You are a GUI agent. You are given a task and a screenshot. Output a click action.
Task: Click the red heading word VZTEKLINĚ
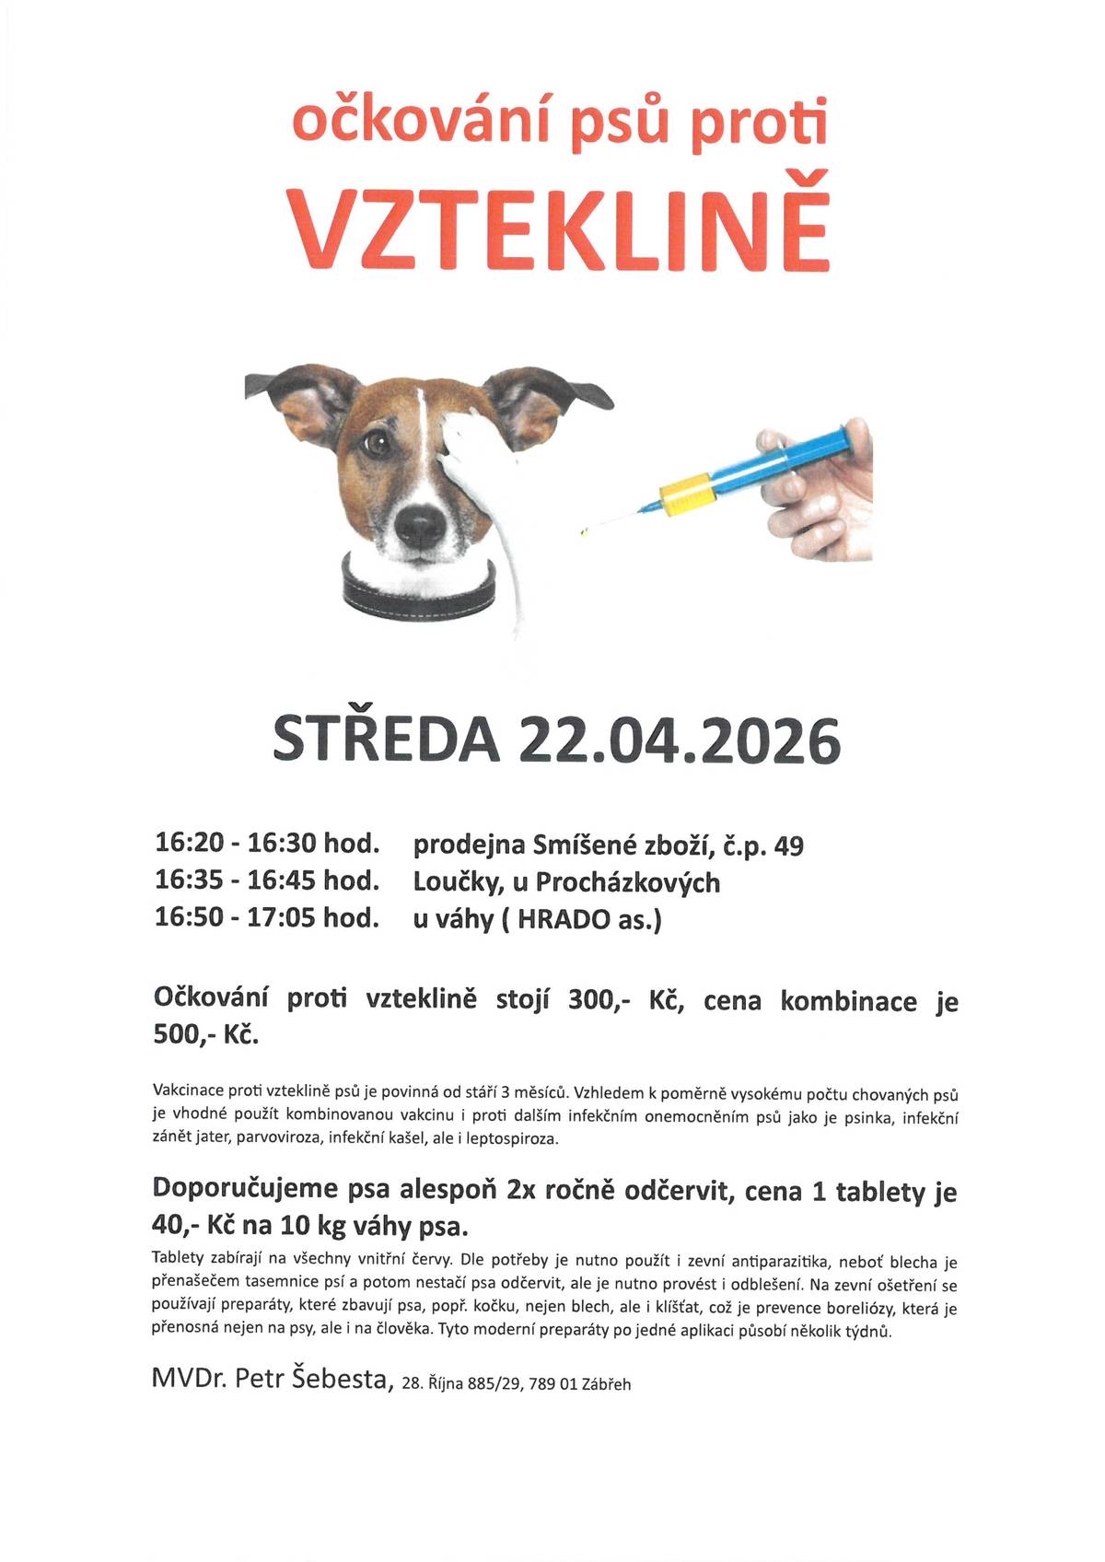(560, 224)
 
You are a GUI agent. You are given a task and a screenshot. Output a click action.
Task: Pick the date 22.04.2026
(679, 742)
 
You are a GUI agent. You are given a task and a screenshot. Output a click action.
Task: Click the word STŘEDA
(387, 742)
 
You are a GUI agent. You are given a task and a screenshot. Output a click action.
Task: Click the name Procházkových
(628, 882)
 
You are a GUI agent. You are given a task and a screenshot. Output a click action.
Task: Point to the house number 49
(789, 845)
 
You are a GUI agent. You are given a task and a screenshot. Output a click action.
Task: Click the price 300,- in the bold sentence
(599, 1000)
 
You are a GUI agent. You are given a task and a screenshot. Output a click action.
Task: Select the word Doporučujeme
(245, 1189)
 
